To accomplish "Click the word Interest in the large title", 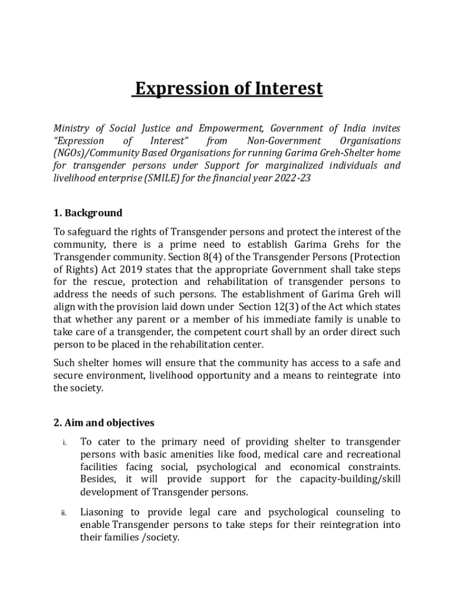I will (x=288, y=88).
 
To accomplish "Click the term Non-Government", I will (x=284, y=141).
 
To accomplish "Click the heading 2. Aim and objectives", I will (x=104, y=423).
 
